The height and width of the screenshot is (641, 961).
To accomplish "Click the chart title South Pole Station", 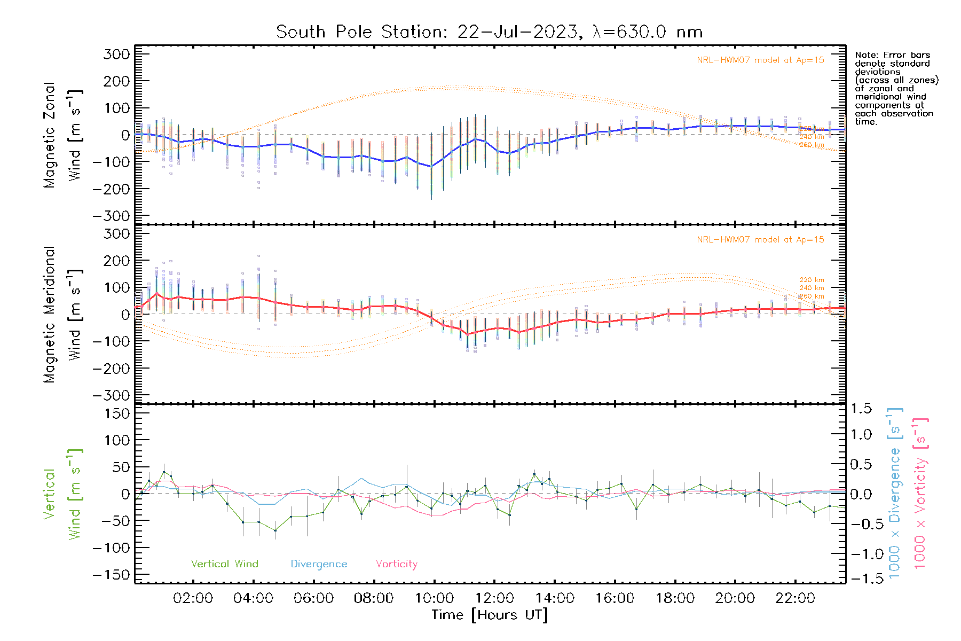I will coord(489,32).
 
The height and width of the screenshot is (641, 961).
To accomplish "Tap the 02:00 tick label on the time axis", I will coord(193,598).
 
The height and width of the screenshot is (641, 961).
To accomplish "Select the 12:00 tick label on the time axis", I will coord(494,598).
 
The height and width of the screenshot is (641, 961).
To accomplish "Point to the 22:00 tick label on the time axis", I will coord(795,598).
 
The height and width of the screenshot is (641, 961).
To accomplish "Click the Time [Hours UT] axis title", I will coord(490,615).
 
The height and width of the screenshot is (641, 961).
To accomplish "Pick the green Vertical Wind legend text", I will coord(224,564).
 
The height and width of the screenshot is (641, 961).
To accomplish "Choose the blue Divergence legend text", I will coord(319,564).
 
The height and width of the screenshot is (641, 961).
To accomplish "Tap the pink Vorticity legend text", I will coord(396,564).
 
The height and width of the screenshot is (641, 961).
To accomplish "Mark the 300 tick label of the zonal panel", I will coord(117,54).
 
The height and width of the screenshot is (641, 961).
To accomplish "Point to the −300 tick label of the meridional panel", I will coord(111,395).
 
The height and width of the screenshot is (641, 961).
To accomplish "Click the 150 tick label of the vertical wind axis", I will coord(117,413).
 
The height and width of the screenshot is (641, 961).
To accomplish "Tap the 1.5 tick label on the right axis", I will coord(861,409).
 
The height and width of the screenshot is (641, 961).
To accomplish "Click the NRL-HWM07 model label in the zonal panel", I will coord(760,60).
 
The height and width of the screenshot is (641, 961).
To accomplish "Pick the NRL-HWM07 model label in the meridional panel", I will coord(760,240).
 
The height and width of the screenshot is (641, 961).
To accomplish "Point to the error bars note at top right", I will coord(896,88).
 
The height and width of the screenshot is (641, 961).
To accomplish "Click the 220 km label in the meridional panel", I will coord(812,280).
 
